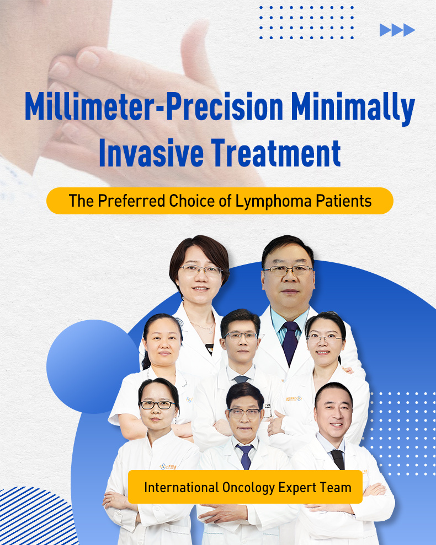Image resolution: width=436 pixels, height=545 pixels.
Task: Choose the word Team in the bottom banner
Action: [338, 487]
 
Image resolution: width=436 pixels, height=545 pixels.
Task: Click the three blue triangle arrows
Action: [397, 30]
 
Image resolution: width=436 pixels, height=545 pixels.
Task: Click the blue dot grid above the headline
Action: [306, 23]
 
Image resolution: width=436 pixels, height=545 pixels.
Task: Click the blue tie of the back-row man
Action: [289, 342]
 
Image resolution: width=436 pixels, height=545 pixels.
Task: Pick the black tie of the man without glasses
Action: [337, 458]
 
